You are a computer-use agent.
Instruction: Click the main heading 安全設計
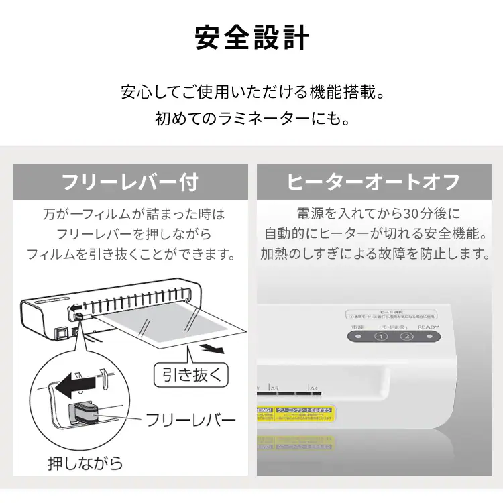coord(251,38)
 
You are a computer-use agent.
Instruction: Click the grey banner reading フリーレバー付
coord(130,182)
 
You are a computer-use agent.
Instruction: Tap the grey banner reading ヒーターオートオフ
coord(373,182)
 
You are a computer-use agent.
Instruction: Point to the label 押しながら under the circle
coord(85,463)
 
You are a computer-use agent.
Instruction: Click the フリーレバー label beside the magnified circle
coord(191,421)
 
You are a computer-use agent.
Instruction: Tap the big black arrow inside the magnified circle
coord(74,386)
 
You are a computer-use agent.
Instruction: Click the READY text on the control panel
coord(427,327)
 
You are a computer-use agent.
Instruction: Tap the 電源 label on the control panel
coord(357,327)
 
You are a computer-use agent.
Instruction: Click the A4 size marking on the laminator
coord(313,388)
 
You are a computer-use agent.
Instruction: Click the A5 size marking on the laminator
coord(274,388)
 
